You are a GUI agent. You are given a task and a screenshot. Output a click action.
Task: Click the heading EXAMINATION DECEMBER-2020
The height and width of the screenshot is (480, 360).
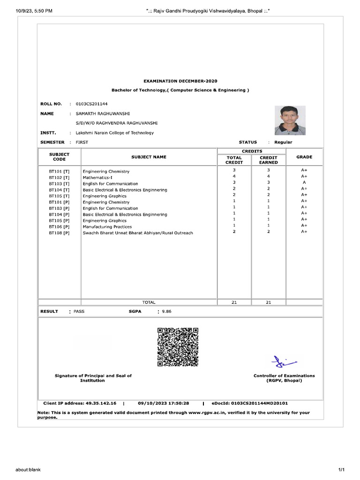pyautogui.click(x=180, y=81)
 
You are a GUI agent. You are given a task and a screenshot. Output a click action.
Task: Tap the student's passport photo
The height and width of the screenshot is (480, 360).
pyautogui.click(x=290, y=120)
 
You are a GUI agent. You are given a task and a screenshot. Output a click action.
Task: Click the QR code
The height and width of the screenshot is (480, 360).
pyautogui.click(x=178, y=347)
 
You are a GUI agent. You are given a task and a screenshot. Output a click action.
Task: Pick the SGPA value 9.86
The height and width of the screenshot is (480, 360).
pyautogui.click(x=167, y=311)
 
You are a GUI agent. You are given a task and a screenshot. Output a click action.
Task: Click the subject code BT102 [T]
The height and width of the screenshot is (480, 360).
pyautogui.click(x=59, y=178)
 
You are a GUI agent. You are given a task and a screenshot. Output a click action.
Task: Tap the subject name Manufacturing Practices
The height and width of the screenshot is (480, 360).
pyautogui.click(x=107, y=226)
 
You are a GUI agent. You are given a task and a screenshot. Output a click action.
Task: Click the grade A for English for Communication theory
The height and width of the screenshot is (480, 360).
pyautogui.click(x=304, y=182)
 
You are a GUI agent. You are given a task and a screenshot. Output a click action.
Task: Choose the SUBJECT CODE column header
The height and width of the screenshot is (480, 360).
pyautogui.click(x=59, y=157)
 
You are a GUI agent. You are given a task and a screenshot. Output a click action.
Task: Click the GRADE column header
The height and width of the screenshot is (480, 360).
pyautogui.click(x=304, y=157)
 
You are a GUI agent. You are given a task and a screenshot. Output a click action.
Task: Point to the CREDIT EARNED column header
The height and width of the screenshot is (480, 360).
pyautogui.click(x=269, y=160)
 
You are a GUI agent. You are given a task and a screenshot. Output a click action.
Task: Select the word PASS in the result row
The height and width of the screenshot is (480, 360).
pyautogui.click(x=79, y=311)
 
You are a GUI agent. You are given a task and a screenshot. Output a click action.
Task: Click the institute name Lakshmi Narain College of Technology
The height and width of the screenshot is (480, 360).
pyautogui.click(x=115, y=133)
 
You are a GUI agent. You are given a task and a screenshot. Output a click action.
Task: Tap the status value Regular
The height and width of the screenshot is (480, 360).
pyautogui.click(x=283, y=142)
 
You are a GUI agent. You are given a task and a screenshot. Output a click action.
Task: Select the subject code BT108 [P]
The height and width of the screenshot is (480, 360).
pyautogui.click(x=59, y=232)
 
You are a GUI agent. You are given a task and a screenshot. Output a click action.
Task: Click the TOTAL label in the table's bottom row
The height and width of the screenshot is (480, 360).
pyautogui.click(x=149, y=302)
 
